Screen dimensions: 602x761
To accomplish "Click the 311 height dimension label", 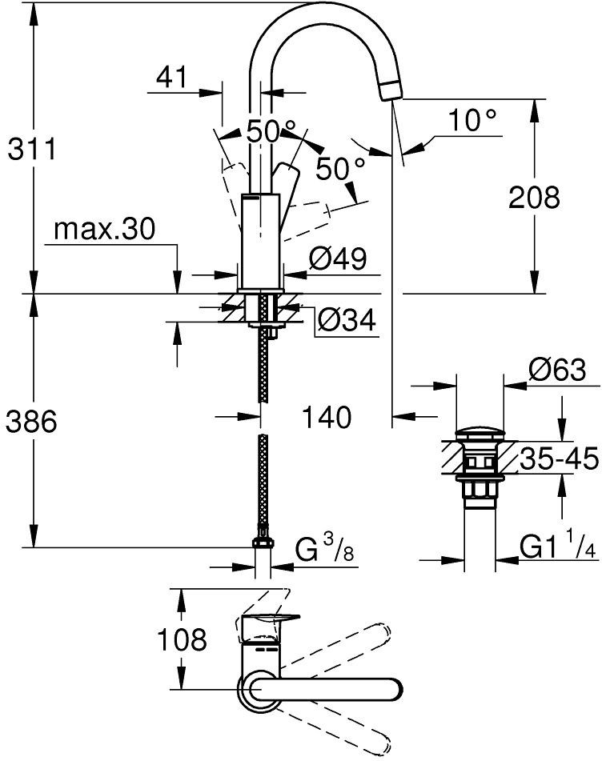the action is coord(32,149).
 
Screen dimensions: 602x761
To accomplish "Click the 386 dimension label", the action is coord(31,421).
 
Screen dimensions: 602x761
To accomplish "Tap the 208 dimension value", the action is coord(534,198).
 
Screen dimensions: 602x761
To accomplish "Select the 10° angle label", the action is coord(472,120).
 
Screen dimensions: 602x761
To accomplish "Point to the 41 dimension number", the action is coord(172,77).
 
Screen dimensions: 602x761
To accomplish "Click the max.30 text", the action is coord(104,229).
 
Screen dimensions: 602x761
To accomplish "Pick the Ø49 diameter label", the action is coord(338,258).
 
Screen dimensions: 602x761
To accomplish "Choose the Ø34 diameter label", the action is coord(347,320).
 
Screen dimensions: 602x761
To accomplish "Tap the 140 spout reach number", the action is coord(327,418).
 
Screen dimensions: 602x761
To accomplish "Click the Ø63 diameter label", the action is coord(557,370).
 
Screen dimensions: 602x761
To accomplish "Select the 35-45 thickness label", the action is coord(560,459).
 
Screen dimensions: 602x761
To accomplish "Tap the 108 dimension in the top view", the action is coord(182,639).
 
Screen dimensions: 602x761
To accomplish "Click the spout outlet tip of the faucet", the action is coord(391,90).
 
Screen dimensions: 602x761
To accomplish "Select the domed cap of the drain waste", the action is coord(480,433).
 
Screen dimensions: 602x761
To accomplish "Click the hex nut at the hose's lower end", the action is coord(263,541).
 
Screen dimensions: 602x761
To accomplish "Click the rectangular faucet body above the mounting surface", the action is coord(261,241).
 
